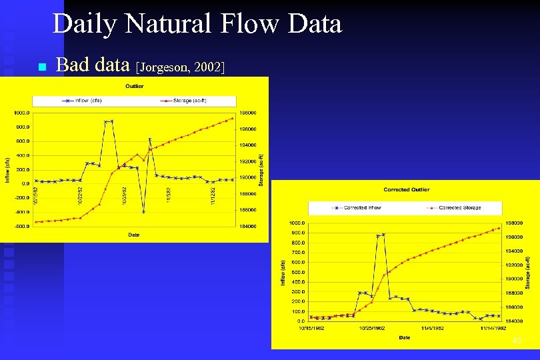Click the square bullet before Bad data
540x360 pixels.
tap(41, 67)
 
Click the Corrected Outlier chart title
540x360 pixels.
tap(407, 189)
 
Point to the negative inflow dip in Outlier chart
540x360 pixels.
tap(143, 211)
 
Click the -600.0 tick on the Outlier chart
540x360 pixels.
tap(21, 226)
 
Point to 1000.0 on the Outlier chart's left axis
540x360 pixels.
tap(21, 113)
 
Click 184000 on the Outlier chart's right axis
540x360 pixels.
tap(248, 226)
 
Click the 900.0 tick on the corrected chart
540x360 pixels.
tap(295, 233)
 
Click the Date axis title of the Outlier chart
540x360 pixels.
tap(135, 235)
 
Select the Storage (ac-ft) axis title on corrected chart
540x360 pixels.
tap(527, 273)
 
